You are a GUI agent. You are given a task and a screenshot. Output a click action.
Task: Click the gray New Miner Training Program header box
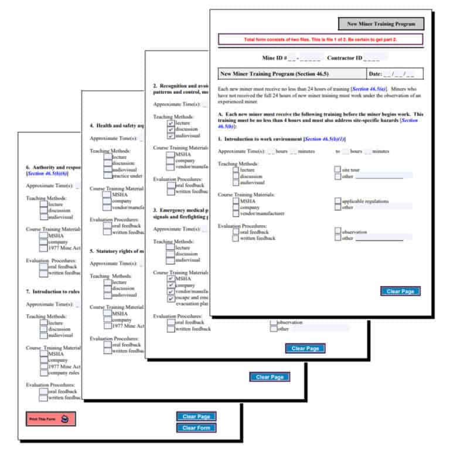380,24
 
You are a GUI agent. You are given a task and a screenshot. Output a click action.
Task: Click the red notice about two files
320,40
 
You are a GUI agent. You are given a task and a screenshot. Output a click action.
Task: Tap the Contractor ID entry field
375,58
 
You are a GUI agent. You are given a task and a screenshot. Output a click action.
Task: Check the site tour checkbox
337,170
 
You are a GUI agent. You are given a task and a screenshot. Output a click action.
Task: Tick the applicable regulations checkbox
337,201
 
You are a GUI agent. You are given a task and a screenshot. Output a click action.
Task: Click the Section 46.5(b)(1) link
325,139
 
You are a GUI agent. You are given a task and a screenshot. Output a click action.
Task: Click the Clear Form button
196,428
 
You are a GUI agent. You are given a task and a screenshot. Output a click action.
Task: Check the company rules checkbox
44,373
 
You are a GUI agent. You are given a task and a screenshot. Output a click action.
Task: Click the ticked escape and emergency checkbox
171,298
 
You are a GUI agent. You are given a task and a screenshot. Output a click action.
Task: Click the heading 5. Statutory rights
117,251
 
